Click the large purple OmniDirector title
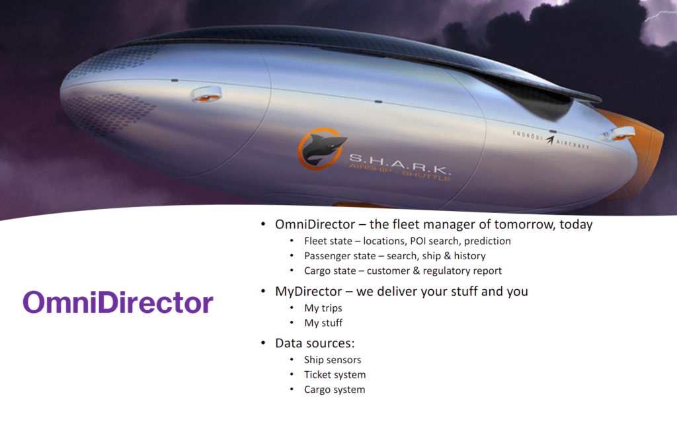point(118,302)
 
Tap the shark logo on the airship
point(322,149)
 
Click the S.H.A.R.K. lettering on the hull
point(400,163)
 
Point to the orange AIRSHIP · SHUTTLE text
point(400,173)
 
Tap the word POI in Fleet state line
point(418,241)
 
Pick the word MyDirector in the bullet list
point(309,292)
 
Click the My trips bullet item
point(323,308)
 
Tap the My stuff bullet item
point(323,323)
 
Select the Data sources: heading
point(315,343)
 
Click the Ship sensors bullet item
point(333,360)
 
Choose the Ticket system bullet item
point(335,375)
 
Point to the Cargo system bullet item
point(335,390)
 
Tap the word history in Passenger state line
point(470,256)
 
